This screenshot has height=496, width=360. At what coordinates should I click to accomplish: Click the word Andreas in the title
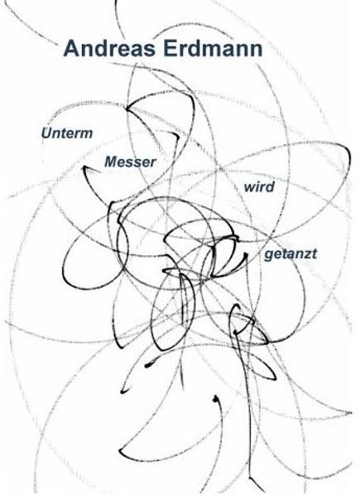tap(110, 48)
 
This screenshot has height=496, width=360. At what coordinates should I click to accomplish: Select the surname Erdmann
tap(213, 48)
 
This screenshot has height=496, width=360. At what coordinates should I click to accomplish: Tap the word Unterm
tap(67, 132)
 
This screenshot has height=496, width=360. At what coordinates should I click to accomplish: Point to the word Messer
tap(130, 162)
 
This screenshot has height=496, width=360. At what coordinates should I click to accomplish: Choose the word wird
tap(259, 186)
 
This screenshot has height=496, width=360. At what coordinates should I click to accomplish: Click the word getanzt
tap(290, 254)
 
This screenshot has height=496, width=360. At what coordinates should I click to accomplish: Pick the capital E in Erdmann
tap(170, 48)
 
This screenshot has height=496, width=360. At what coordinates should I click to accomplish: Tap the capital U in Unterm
tap(46, 132)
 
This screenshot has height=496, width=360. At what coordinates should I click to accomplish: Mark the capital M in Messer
tap(112, 162)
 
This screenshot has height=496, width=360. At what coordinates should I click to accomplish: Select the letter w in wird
tap(249, 188)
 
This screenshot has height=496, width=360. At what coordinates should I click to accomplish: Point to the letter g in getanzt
tap(269, 256)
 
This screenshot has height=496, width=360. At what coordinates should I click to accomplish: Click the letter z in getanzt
tap(305, 255)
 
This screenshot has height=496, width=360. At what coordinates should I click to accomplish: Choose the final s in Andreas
tap(150, 51)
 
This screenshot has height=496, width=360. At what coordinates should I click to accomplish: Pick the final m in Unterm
tap(86, 134)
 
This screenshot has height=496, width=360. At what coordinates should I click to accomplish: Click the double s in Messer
tap(136, 163)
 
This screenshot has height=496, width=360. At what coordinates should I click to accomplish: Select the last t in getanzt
tap(314, 253)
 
